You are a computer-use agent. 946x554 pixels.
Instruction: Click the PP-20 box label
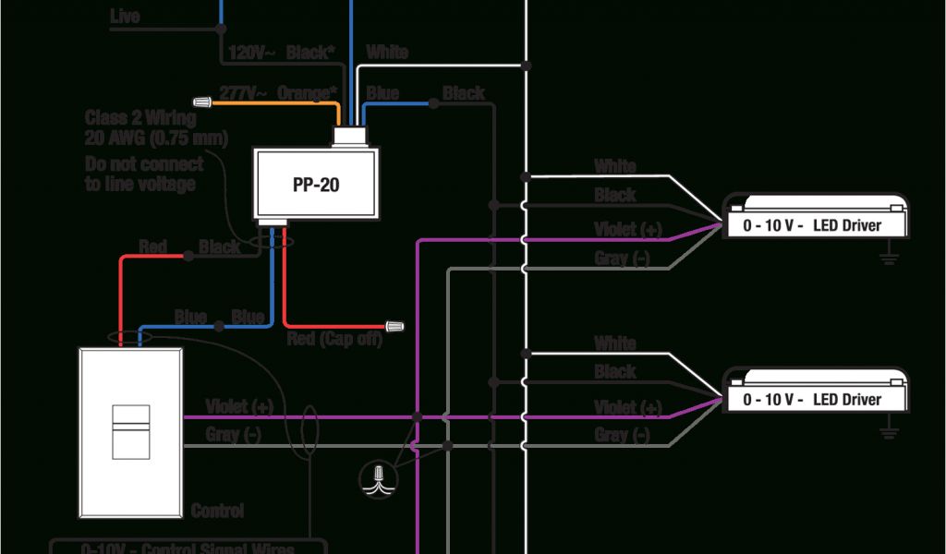(316, 185)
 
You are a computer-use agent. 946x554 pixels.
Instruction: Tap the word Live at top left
(125, 17)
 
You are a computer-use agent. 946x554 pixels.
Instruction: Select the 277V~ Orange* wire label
(276, 94)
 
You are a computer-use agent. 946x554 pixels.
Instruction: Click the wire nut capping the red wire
(396, 326)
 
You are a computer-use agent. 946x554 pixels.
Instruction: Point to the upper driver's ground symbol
(891, 256)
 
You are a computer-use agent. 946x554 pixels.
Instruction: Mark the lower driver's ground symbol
(891, 430)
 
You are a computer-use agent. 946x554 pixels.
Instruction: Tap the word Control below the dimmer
(217, 511)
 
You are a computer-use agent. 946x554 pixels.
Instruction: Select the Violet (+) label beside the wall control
(239, 406)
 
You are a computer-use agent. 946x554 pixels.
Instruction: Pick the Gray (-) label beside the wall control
(234, 434)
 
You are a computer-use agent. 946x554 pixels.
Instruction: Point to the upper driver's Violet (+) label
(628, 230)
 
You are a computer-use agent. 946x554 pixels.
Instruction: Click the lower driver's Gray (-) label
(622, 434)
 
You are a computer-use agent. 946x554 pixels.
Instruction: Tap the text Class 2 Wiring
(140, 118)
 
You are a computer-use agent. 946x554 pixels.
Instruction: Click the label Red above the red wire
(152, 247)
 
